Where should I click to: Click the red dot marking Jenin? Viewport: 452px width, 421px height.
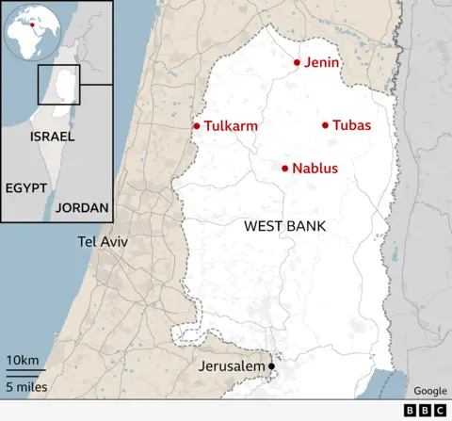[297, 63]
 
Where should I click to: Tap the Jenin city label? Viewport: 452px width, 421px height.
[322, 63]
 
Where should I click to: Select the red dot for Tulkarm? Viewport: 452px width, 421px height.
[197, 125]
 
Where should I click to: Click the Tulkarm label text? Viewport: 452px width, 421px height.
[231, 126]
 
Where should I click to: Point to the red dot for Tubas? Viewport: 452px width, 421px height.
[325, 125]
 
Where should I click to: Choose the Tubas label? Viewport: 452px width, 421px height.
[352, 126]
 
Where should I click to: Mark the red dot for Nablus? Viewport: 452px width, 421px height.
[284, 169]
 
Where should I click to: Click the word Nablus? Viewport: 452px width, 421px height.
[315, 170]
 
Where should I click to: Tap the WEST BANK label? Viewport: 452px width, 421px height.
[284, 226]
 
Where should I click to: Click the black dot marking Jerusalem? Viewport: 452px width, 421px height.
[271, 366]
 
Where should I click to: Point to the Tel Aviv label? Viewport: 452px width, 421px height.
[103, 242]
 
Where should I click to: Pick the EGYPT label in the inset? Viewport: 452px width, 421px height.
[25, 187]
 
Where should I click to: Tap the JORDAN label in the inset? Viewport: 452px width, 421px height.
[82, 207]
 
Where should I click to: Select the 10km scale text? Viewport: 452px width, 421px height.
[23, 361]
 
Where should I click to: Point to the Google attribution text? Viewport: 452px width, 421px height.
[430, 391]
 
